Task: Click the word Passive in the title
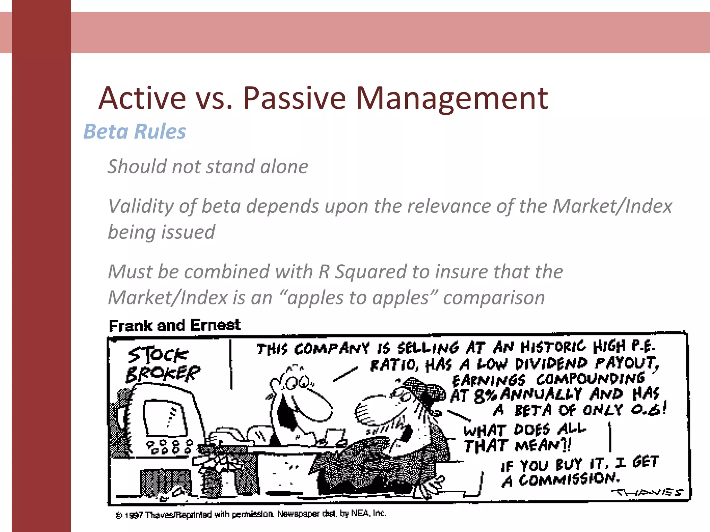pyautogui.click(x=294, y=98)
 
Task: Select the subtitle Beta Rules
pyautogui.click(x=135, y=132)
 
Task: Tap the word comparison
pyautogui.click(x=494, y=298)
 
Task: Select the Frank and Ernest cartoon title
pyautogui.click(x=174, y=325)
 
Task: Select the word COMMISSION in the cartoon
pyautogui.click(x=569, y=479)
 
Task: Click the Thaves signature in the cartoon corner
pyautogui.click(x=647, y=492)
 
